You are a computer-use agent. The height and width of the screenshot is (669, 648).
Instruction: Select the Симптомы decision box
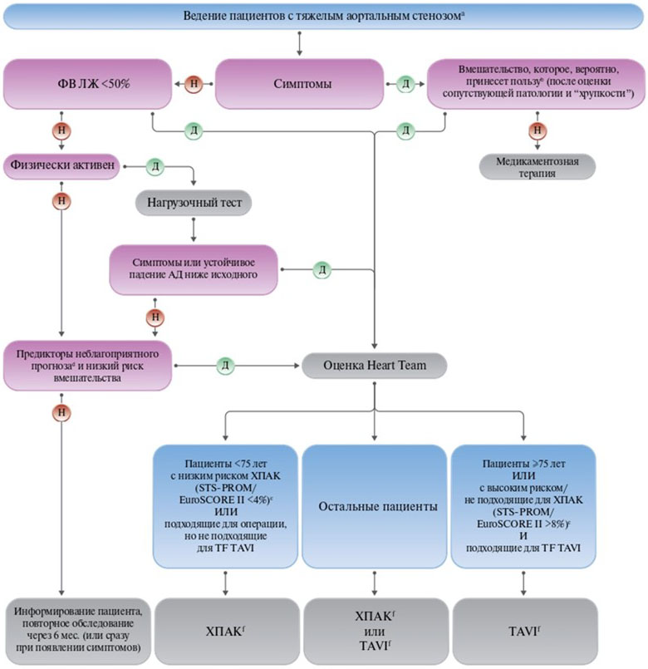tap(299, 84)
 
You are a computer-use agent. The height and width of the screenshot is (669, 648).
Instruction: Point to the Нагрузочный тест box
tap(193, 201)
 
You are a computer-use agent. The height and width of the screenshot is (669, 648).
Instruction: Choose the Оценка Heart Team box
tap(374, 364)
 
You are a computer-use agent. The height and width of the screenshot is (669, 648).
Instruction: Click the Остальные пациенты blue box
tap(374, 505)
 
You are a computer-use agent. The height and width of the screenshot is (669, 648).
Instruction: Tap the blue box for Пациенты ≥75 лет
tap(523, 505)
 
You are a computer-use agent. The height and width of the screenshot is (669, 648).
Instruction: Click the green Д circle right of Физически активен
tap(155, 166)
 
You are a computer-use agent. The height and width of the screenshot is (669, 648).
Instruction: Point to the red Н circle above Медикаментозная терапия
tap(538, 130)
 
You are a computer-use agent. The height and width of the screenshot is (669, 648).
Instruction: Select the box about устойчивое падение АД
tap(193, 269)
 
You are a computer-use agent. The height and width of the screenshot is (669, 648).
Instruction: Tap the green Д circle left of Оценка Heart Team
tap(225, 364)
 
